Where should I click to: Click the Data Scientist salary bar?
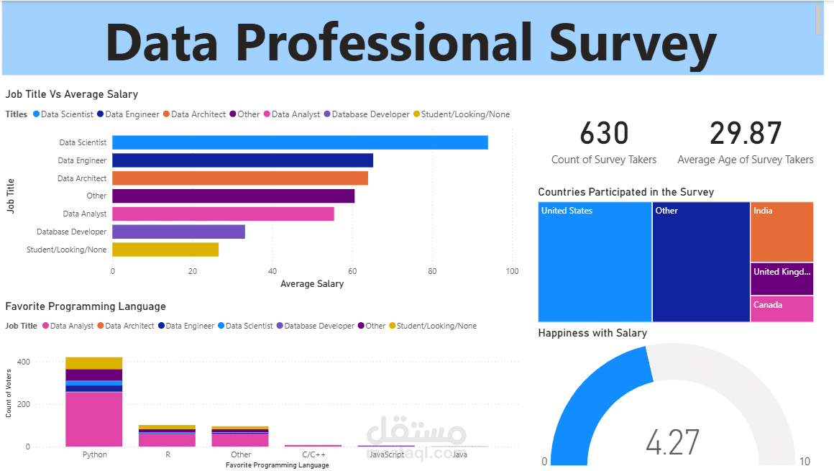coord(300,142)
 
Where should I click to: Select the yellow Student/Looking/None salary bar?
coord(165,250)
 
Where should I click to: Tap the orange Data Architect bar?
coord(240,178)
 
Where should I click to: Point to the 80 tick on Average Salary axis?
coord(432,272)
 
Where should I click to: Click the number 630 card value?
coord(604,134)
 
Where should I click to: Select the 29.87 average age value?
coord(746,134)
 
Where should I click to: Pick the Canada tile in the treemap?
coord(782,309)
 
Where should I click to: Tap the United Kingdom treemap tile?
coord(782,279)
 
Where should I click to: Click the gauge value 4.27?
coord(672,442)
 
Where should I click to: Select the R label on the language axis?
coord(168,454)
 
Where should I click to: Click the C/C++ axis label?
coord(313,454)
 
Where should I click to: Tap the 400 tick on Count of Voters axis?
coord(23,362)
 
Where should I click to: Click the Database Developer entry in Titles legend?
coord(370,114)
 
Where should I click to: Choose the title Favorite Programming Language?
coord(86,306)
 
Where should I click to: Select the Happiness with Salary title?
coord(592,333)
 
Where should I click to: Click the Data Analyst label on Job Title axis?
coord(85,214)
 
